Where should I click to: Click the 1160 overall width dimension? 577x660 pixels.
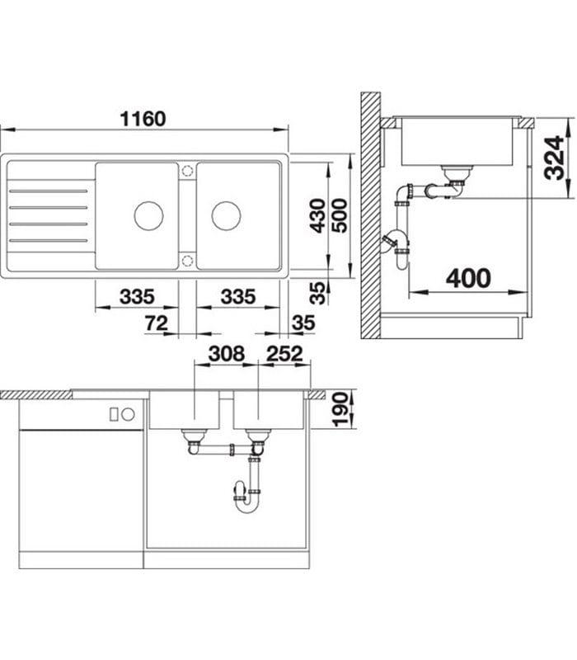click(143, 119)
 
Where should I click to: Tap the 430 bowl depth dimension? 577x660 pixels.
click(318, 216)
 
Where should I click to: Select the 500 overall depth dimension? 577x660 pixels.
click(339, 216)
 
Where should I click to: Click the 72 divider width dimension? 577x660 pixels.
click(157, 323)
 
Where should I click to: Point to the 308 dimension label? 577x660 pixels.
click(226, 355)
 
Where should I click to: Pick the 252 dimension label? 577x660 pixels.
click(284, 355)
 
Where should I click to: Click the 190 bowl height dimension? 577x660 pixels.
click(340, 409)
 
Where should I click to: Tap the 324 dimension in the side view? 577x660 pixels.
click(554, 158)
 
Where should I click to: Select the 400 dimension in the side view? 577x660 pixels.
click(468, 279)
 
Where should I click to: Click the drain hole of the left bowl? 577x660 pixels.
click(148, 216)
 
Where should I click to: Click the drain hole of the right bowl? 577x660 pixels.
click(226, 216)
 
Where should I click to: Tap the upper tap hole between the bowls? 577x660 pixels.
click(187, 171)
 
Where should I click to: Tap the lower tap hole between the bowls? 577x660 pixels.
click(187, 261)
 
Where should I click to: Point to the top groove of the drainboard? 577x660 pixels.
click(49, 191)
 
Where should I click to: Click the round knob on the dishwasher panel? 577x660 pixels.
click(128, 415)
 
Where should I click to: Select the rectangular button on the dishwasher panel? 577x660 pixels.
click(114, 415)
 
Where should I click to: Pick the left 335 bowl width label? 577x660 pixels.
click(137, 297)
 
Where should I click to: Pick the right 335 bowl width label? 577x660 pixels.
click(238, 297)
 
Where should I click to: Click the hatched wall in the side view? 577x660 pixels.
click(370, 215)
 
